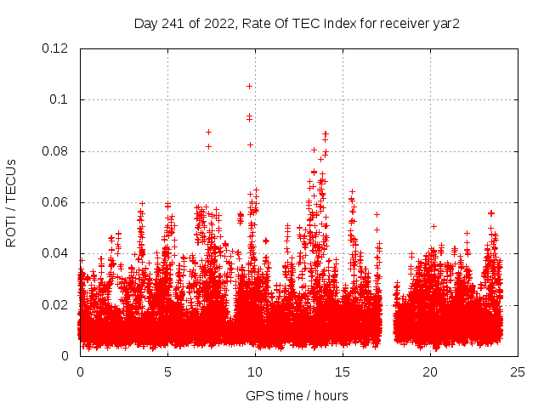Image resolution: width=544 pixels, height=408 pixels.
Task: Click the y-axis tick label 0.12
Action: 55,48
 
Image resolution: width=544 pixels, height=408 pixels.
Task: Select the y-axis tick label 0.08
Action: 55,151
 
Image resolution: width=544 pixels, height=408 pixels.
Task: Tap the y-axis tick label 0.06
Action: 55,202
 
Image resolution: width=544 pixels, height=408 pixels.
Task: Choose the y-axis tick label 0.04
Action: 55,253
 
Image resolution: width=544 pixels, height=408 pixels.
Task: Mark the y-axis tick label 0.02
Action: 55,305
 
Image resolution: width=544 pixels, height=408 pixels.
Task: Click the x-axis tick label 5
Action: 167,372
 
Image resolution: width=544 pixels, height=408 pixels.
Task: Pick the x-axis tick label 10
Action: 255,372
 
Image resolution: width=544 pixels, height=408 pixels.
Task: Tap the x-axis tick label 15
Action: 343,372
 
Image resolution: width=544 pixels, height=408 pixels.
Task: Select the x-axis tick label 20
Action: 430,372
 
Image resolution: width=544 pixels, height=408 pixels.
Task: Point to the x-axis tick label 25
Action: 518,372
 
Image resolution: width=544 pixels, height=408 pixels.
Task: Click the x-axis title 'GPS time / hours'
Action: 297,395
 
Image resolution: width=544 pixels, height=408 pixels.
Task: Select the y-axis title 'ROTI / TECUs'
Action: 12,202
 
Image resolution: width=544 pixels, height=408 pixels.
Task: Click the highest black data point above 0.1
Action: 249,86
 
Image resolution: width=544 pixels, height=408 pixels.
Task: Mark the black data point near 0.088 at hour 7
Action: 208,132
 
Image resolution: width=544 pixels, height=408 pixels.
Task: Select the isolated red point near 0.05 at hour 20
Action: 433,226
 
